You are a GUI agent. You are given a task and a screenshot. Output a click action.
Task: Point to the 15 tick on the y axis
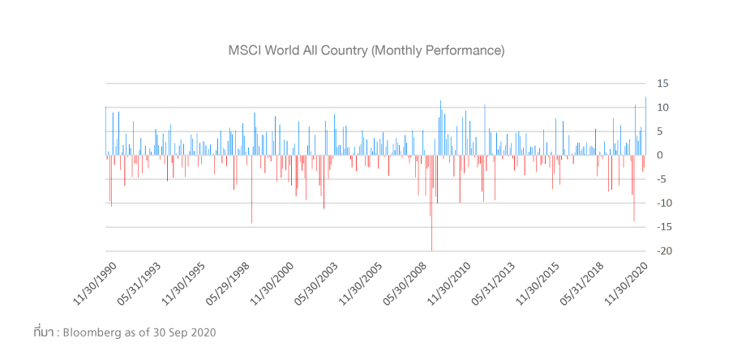(662, 84)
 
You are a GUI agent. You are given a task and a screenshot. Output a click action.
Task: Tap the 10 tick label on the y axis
(662, 108)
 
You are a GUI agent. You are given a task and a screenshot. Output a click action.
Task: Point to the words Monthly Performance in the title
(438, 50)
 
